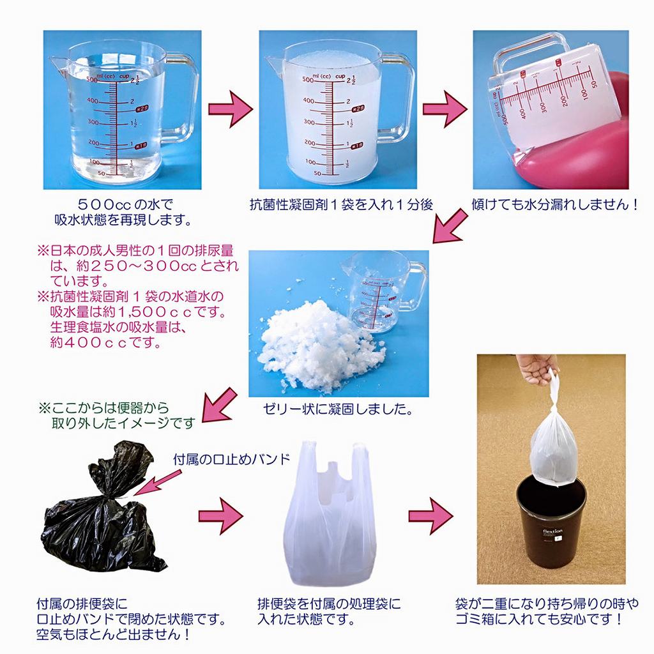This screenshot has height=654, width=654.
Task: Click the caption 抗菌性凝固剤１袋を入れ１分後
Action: click(341, 205)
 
